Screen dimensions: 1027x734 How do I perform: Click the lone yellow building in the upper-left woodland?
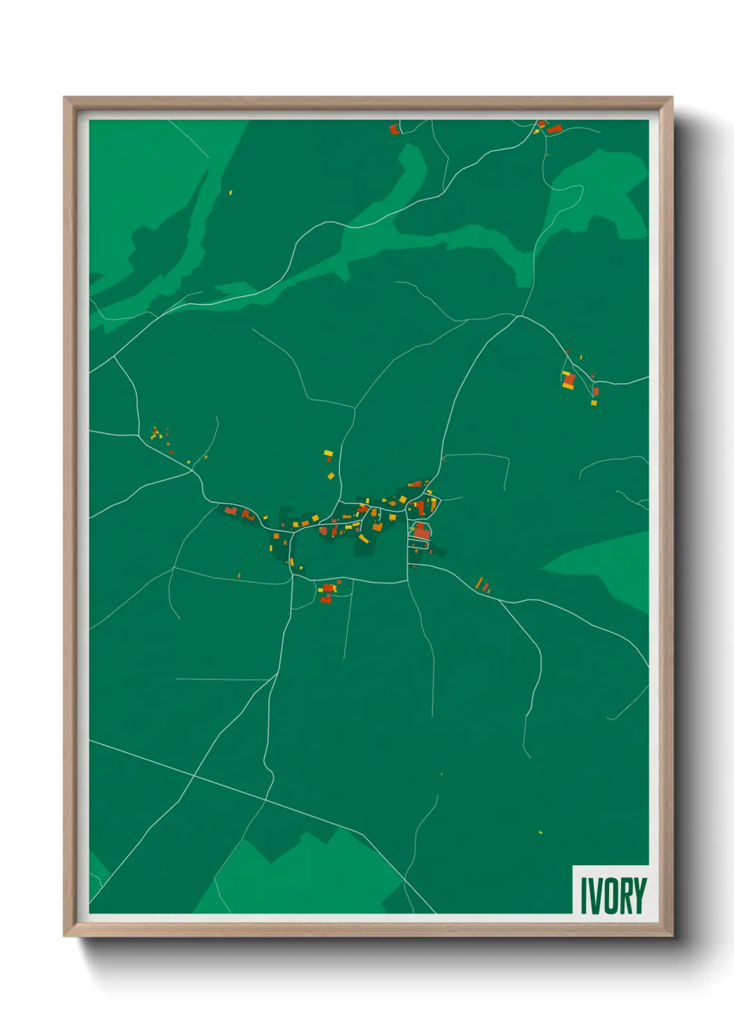(x=230, y=192)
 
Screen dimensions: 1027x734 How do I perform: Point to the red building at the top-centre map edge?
(x=394, y=129)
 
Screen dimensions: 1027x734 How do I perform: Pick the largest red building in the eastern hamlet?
(x=570, y=380)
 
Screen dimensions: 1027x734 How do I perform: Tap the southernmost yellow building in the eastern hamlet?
(x=594, y=402)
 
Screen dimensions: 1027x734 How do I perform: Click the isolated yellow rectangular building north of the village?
(x=328, y=453)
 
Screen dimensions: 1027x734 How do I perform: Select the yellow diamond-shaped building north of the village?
(x=331, y=476)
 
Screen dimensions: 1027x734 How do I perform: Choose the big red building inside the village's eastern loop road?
(x=422, y=532)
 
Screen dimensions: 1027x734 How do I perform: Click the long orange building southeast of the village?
(x=479, y=582)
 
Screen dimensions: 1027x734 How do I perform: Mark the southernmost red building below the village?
(x=325, y=599)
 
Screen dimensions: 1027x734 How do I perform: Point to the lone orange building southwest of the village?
(x=239, y=575)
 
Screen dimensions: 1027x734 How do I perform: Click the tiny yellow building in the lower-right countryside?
(x=540, y=831)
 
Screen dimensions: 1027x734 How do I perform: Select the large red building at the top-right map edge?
(x=554, y=128)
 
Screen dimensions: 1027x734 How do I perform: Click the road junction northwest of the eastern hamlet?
(x=519, y=316)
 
